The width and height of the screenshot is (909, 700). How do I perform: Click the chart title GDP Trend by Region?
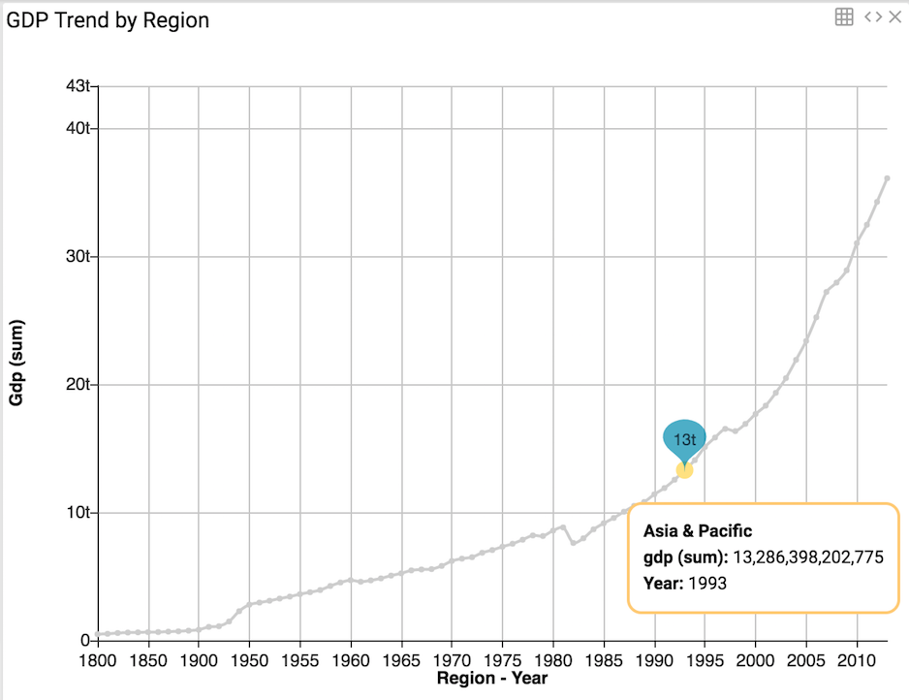pos(109,20)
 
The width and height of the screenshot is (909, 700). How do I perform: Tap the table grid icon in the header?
pos(844,16)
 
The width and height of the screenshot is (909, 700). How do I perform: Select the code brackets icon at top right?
pos(873,16)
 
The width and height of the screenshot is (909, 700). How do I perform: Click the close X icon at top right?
pos(895,16)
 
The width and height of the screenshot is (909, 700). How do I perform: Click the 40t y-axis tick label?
pos(78,128)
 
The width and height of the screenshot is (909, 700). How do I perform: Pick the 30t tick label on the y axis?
pos(78,257)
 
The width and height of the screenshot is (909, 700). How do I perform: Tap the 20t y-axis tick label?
pos(78,385)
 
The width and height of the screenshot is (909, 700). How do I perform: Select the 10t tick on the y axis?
pos(78,513)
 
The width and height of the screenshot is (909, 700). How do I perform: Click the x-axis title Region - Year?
pos(492,678)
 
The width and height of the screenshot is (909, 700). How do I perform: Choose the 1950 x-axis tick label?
pos(249,658)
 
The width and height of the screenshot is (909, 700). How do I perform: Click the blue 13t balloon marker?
pos(684,438)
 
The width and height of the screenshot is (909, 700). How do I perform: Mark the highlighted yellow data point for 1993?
pos(684,469)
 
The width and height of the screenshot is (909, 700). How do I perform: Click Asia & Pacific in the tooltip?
pos(698,531)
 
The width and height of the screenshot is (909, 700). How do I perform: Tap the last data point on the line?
pos(887,178)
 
